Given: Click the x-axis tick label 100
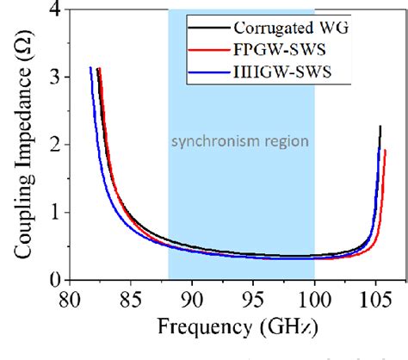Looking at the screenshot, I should point(314,299).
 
